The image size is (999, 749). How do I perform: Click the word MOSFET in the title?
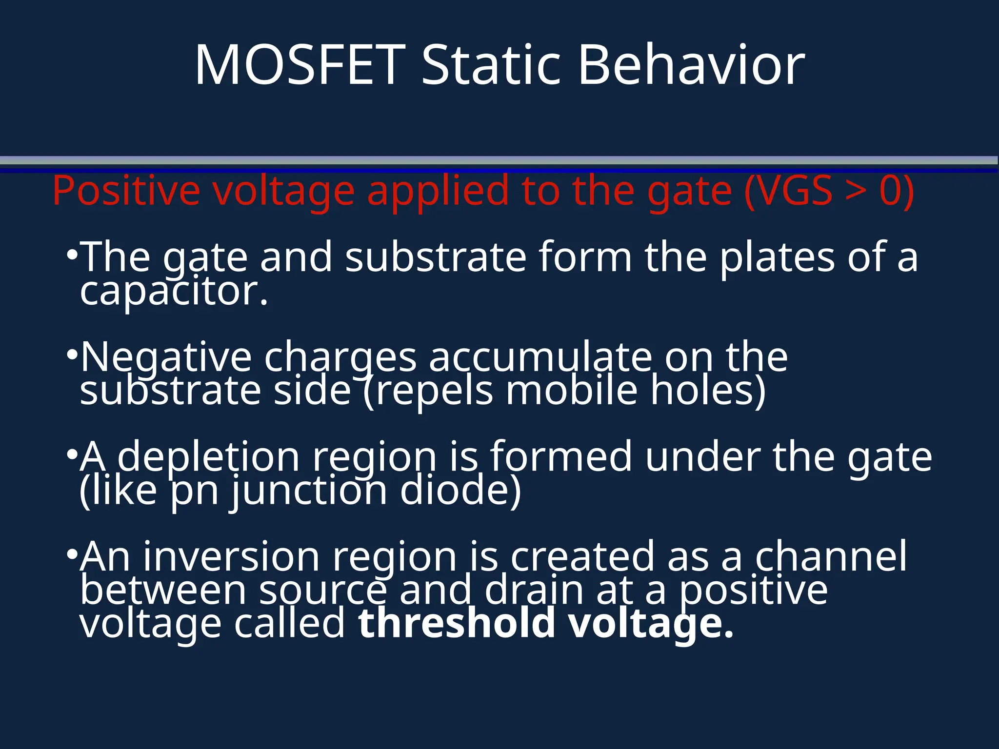pos(300,65)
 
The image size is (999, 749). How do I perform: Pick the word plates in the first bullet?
pos(777,257)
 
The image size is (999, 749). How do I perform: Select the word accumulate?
pos(540,357)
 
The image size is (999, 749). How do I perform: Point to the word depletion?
pos(208,457)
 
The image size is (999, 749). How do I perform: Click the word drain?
pos(534,590)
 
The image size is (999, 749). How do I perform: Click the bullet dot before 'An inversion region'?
pos(72,554)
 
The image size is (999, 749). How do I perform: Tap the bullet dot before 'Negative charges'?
pos(72,355)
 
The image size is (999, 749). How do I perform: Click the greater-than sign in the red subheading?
pos(856,192)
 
